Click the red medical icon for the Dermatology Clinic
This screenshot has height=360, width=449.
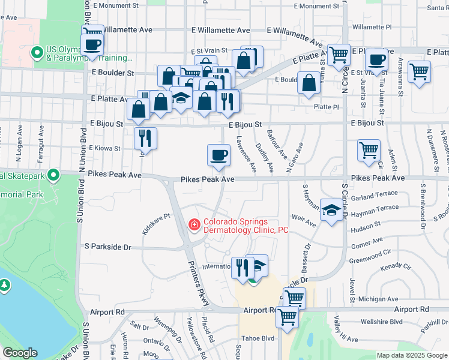(x=194, y=225)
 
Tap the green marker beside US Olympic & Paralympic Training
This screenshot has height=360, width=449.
(x=37, y=53)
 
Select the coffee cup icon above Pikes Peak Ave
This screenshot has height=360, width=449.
(x=218, y=155)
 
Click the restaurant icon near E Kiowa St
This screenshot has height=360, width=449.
(x=145, y=139)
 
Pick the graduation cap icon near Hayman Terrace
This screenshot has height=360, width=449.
(x=330, y=211)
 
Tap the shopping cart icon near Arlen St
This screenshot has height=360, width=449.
(x=369, y=150)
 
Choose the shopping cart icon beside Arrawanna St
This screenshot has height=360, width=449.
(x=419, y=71)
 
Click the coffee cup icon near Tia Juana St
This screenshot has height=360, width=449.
(x=376, y=60)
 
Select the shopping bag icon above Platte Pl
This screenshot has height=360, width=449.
(x=309, y=84)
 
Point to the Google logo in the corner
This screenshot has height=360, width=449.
(x=20, y=353)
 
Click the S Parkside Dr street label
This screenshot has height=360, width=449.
(x=107, y=247)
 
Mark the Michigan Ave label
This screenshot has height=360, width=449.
(x=378, y=299)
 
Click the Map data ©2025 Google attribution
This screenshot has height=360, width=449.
(x=412, y=355)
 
